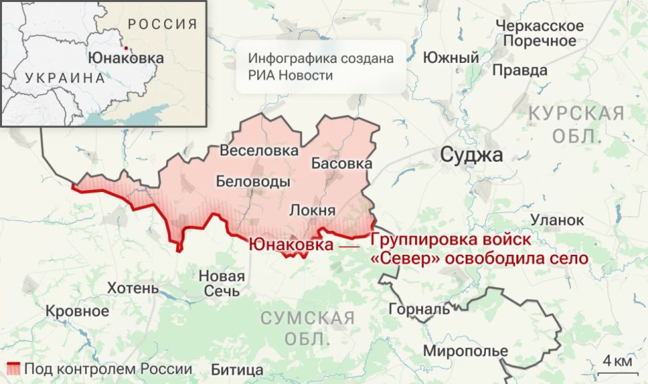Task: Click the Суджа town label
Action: (x=471, y=155)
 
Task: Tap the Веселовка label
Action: (x=259, y=150)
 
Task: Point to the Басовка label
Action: (x=342, y=163)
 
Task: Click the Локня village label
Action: (x=313, y=210)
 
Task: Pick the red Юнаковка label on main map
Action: (x=291, y=244)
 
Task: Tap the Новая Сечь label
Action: (x=221, y=283)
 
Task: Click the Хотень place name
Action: (x=133, y=289)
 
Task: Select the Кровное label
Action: (x=77, y=311)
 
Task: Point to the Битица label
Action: (x=237, y=370)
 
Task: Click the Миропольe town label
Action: (x=466, y=352)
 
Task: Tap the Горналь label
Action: (x=419, y=310)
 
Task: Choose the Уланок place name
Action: (x=557, y=220)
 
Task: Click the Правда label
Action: (x=520, y=70)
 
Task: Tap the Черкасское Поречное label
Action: (x=539, y=33)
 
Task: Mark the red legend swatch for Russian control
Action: (x=13, y=369)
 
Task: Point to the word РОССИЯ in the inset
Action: (x=163, y=24)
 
